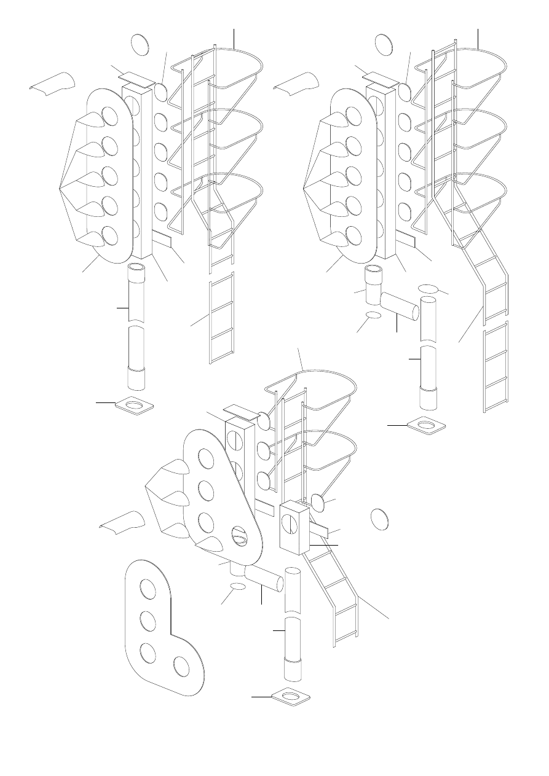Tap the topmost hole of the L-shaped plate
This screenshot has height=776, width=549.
tap(148, 588)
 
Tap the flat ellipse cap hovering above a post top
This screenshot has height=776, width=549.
tap(429, 288)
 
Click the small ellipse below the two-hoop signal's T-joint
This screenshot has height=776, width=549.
tap(237, 588)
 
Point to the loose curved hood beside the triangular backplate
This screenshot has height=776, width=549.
tap(124, 522)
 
